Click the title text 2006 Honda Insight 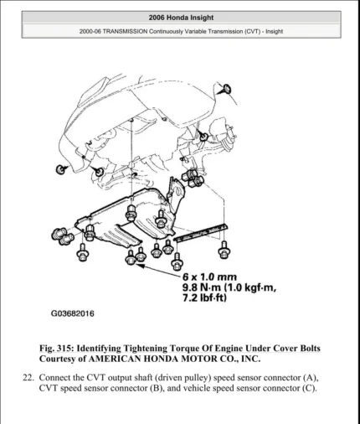(180, 17)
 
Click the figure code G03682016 (73, 313)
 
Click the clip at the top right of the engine (226, 88)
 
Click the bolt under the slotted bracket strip (224, 249)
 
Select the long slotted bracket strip (201, 232)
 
